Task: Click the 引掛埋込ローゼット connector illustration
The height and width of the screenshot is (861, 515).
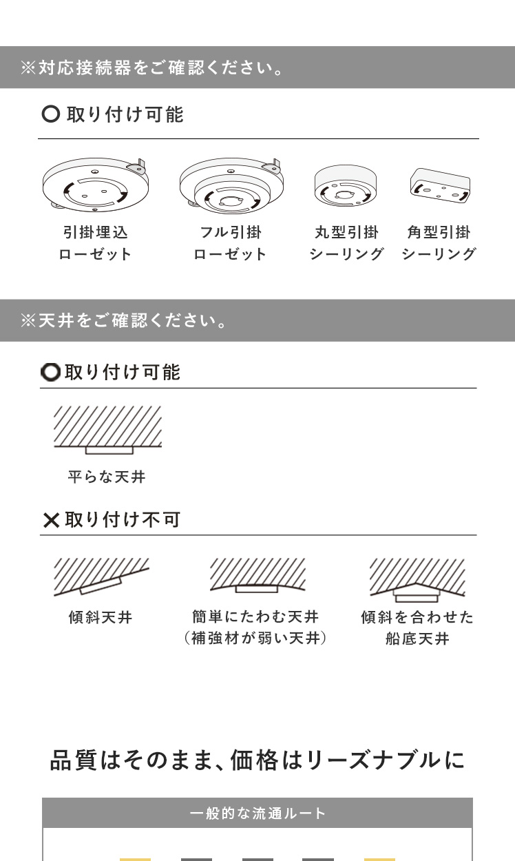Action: click(95, 184)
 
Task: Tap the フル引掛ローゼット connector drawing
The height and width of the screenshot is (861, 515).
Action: click(231, 185)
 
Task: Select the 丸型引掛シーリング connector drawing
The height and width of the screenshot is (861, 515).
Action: click(345, 186)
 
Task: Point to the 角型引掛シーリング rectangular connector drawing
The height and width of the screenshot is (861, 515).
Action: click(440, 185)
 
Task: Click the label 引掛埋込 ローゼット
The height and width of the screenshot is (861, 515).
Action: click(95, 243)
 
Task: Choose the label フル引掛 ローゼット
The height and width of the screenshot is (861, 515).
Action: click(230, 243)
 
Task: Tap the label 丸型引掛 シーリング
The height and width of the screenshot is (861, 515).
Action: click(347, 243)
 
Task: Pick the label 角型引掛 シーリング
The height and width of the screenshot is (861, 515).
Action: click(439, 243)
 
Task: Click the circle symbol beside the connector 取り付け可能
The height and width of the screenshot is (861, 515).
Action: click(51, 114)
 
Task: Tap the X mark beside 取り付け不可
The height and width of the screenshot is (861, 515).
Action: click(51, 520)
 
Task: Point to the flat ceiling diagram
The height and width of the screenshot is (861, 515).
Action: click(107, 430)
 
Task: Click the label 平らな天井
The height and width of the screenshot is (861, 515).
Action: click(107, 477)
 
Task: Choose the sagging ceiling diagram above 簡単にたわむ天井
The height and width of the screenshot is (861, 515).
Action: click(257, 575)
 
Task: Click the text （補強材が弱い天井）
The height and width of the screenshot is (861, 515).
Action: click(255, 638)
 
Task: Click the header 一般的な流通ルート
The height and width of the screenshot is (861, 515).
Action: click(257, 813)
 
